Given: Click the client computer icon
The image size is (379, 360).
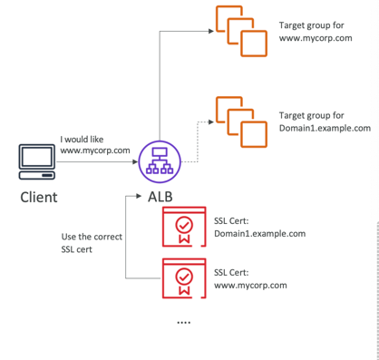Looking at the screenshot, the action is coord(37,161).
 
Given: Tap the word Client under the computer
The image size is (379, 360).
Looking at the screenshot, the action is coord(39,198).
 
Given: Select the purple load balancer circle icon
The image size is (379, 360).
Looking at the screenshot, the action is coord(160,161).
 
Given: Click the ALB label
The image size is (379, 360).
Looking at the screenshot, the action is coord(160,197).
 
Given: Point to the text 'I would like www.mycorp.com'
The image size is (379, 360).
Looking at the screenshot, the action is coord(95,145).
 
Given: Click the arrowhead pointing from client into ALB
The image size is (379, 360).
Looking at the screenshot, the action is coord(135,162).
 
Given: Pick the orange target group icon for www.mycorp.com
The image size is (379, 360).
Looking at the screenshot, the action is coord(241,31).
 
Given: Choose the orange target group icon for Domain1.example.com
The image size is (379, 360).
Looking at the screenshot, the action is coord(241,122).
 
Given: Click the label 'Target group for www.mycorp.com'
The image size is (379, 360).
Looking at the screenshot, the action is coord(316,32).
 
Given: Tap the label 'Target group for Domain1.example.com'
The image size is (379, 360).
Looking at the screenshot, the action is coord(325,122).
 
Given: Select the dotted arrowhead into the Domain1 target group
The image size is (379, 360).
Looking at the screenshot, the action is coord(211,122).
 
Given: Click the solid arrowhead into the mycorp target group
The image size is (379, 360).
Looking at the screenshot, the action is coord(211,31).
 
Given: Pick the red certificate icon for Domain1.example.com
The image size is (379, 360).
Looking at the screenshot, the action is coord(184,227).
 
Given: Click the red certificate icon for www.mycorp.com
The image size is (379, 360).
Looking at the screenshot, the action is coord(184,278).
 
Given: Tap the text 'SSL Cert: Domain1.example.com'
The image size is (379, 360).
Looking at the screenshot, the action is coord(259,228).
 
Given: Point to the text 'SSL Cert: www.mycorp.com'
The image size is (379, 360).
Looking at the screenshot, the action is coord(250,279).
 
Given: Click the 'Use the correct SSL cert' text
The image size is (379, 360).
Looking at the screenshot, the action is coord(92,243).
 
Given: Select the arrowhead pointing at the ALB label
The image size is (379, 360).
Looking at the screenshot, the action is coord(139,196).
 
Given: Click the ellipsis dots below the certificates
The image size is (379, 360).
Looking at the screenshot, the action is coord(184,323).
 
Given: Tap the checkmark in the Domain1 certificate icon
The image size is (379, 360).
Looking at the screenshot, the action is coord(184,225).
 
